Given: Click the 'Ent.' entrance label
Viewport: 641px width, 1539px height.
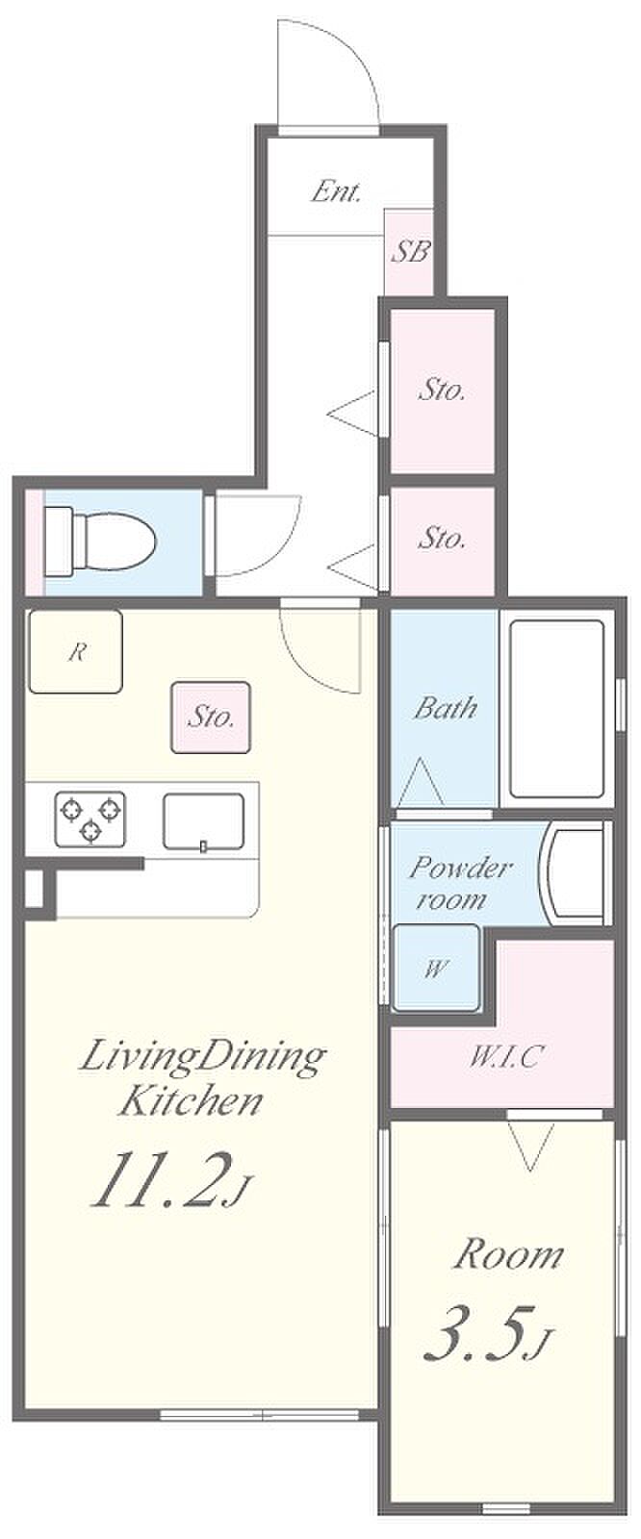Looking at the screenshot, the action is (336, 191).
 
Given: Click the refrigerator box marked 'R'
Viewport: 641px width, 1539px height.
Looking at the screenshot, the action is (76, 651).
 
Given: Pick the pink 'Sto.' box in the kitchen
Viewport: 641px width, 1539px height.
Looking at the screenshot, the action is (211, 718).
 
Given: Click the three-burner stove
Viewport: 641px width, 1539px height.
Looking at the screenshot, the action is (90, 819).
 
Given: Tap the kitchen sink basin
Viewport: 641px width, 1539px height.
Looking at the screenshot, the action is (203, 821).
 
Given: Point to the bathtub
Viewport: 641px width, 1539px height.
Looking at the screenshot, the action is (557, 709).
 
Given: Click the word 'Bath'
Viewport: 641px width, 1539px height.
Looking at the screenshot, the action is (445, 708).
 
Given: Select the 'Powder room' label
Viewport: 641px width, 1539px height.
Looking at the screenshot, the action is (459, 883).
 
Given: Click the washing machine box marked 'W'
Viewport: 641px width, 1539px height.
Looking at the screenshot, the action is (436, 968).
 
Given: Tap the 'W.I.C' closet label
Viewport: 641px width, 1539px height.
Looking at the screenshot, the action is (507, 1056).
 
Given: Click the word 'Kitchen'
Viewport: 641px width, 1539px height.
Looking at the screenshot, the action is (191, 1100).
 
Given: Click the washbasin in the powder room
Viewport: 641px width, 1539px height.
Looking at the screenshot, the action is (575, 872).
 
